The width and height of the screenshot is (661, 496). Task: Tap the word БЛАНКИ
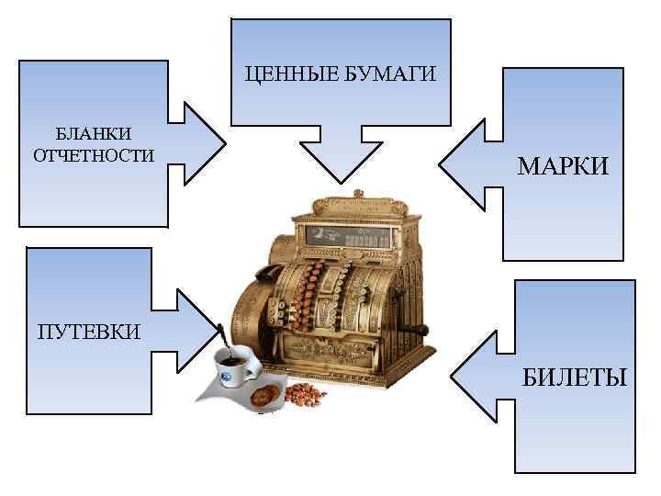(x=93, y=135)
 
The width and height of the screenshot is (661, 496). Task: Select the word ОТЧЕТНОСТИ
(x=93, y=155)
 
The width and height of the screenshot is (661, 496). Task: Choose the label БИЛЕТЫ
(x=574, y=376)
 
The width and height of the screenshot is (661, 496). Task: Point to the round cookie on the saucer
(x=265, y=396)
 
